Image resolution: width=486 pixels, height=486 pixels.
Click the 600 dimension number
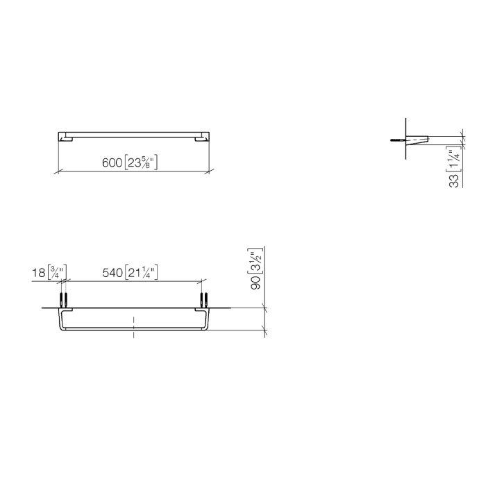(112, 164)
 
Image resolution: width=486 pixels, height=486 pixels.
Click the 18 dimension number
(39, 274)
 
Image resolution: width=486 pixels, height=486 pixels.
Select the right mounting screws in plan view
(205, 300)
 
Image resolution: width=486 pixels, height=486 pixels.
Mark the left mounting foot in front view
(67, 140)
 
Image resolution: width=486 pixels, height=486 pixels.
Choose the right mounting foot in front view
(201, 140)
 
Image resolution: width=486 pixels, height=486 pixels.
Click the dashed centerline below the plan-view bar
(134, 326)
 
